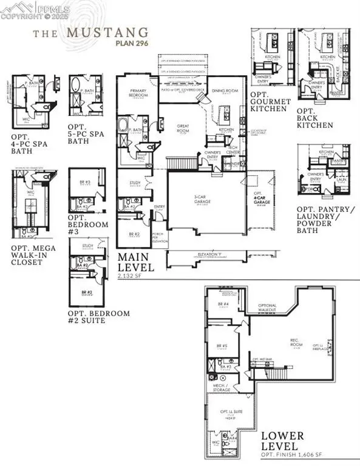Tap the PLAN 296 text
click(x=130, y=42)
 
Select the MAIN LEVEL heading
click(x=136, y=262)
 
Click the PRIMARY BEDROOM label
click(x=139, y=93)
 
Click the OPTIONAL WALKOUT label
click(x=268, y=308)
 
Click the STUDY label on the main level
click(x=136, y=182)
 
